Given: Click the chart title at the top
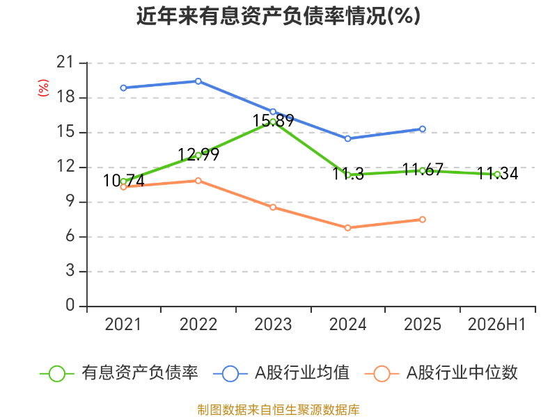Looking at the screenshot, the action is tap(278, 16).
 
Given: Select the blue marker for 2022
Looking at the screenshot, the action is tap(198, 81).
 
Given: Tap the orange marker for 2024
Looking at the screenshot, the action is tap(347, 228).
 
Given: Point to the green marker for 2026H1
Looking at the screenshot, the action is tap(497, 174).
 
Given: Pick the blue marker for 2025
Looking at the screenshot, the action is tap(423, 129).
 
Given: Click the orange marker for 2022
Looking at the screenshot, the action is tap(198, 181).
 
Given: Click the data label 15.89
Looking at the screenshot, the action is tap(273, 120).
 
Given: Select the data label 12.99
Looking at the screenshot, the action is tap(198, 154).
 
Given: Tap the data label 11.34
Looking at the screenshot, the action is tap(497, 173).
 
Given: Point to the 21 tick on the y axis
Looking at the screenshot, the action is tap(65, 63).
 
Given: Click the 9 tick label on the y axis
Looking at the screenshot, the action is tap(70, 202).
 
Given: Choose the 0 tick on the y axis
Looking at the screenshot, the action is tap(70, 305).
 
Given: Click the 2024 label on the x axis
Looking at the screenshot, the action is tap(347, 325).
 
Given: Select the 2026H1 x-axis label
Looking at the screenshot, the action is tap(496, 325).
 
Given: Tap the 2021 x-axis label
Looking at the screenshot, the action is tap(123, 325).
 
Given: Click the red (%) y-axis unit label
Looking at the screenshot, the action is tap(43, 88).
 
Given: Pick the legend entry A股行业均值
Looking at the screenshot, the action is tap(281, 373).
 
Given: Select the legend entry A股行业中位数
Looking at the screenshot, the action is tap(441, 373).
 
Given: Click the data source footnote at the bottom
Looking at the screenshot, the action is tap(278, 410).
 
